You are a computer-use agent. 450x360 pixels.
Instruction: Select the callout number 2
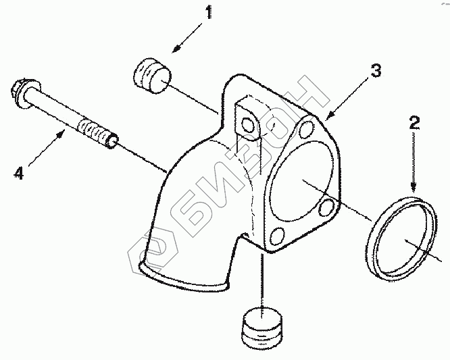tap(415, 124)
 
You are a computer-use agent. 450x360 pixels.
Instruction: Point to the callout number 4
tap(20, 174)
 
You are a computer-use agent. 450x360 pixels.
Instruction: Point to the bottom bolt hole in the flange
tap(276, 236)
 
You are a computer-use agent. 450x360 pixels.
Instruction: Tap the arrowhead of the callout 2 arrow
tap(414, 189)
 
